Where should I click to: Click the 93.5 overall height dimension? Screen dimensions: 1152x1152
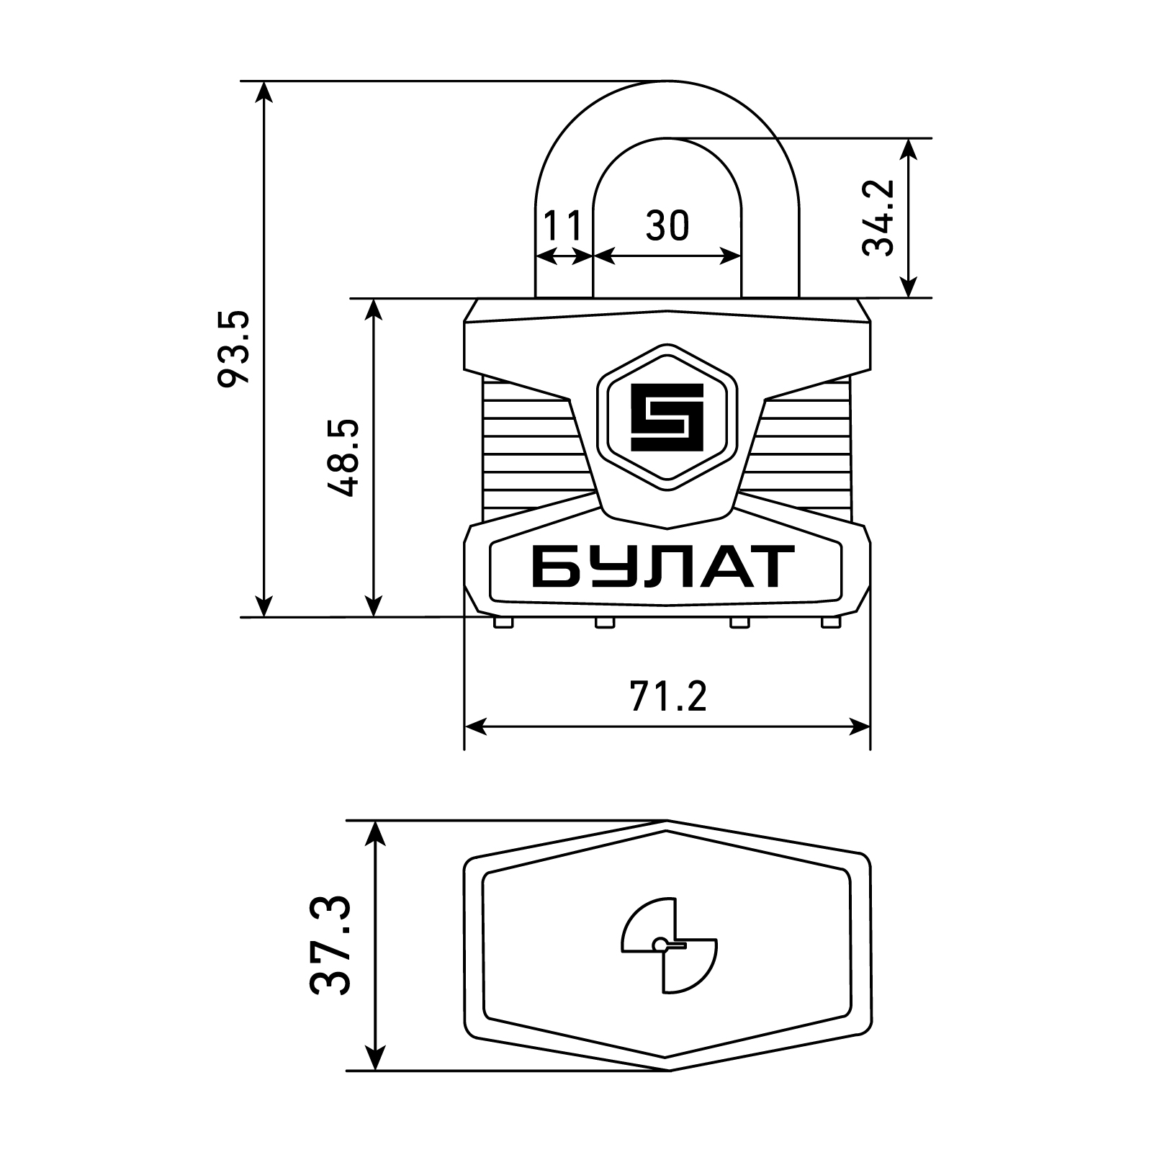click(x=234, y=350)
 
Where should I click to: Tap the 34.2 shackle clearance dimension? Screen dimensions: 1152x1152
click(x=878, y=217)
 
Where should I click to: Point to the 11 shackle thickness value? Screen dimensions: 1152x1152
click(x=562, y=226)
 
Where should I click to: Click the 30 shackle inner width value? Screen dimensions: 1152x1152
click(x=667, y=226)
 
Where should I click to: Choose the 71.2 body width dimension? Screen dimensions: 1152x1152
click(x=668, y=696)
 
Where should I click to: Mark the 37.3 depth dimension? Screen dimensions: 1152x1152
click(x=331, y=945)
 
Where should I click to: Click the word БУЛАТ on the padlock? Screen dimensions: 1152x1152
click(x=663, y=567)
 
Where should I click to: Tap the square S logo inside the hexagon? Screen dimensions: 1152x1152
click(x=667, y=417)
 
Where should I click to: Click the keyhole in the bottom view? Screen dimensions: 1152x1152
click(x=668, y=945)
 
